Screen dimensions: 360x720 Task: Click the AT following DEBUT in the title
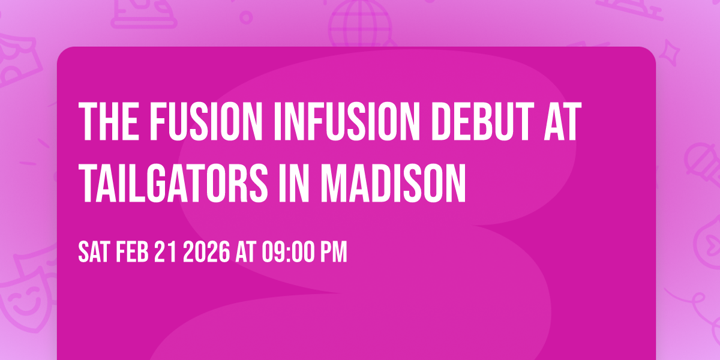(562, 122)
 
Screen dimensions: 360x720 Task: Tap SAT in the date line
(94, 253)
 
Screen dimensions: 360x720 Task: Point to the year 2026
(206, 253)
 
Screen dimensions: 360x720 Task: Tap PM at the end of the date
(334, 253)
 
